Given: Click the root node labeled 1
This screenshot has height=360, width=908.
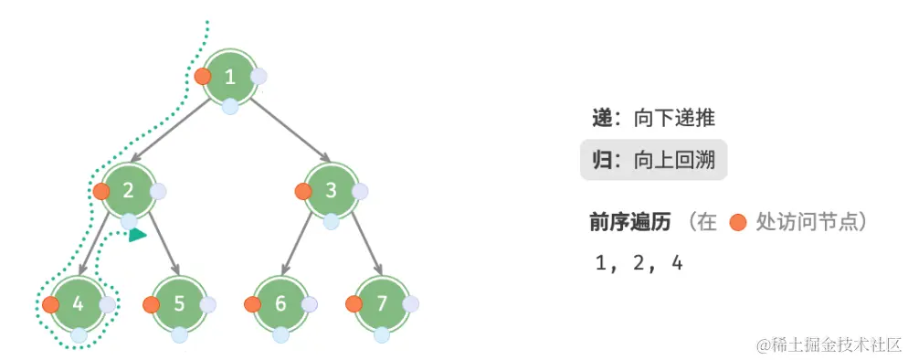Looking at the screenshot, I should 230,77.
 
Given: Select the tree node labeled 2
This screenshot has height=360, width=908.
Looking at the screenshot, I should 128,191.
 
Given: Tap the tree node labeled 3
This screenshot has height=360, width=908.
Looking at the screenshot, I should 331,191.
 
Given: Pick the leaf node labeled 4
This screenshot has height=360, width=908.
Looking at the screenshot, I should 79,304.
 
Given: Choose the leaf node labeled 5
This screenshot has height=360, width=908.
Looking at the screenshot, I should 179,304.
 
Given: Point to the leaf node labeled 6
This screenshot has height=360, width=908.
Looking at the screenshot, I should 280,304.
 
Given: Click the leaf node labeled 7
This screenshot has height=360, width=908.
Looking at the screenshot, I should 382,304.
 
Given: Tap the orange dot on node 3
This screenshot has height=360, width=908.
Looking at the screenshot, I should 303,192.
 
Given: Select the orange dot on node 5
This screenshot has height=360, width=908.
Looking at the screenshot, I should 152,304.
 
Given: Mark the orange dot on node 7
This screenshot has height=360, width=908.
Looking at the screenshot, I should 354,304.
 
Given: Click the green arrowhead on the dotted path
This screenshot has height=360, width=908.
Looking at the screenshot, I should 137,236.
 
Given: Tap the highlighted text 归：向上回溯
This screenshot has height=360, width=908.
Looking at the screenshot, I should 654,162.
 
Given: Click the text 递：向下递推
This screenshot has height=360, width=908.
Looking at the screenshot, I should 654,119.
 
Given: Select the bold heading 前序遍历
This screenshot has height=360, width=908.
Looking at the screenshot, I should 630,222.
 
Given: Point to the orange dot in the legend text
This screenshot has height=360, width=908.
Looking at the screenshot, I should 738,223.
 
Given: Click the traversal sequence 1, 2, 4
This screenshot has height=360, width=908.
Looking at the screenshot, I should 639,264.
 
